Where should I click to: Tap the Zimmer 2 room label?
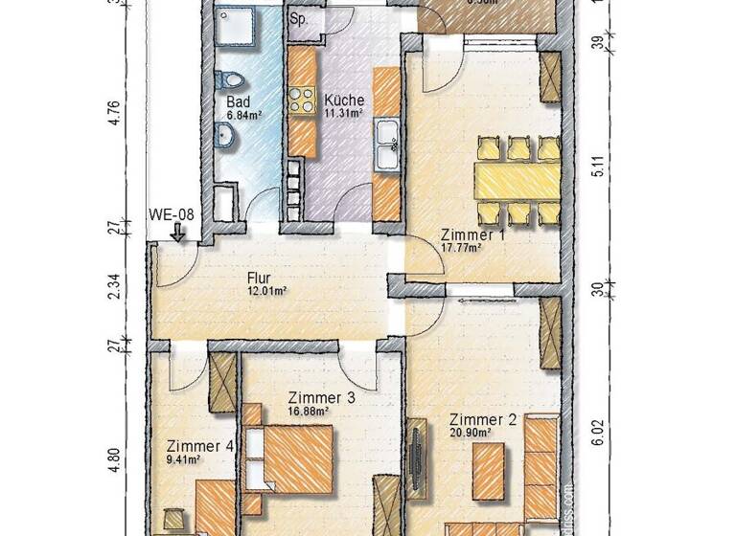483,419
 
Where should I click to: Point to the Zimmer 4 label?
199,446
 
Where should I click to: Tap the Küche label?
343,100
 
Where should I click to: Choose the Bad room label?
239,100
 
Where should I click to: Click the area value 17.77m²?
460,247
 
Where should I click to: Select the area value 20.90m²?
471,433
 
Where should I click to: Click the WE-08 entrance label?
172,214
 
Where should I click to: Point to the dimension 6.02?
596,434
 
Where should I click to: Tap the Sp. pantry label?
299,19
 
